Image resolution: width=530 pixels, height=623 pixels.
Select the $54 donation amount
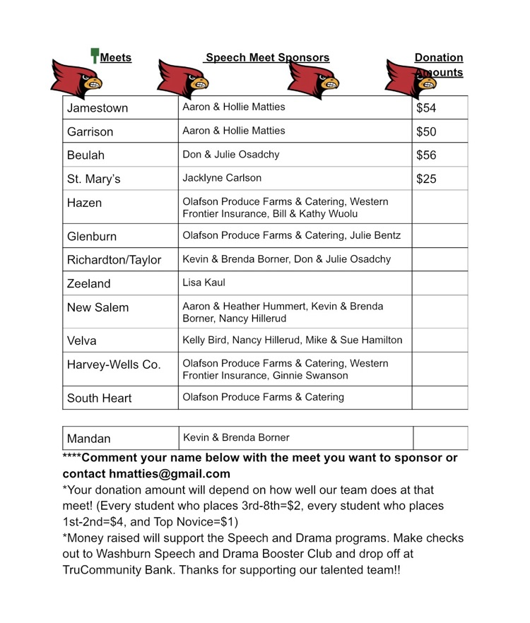pos(426,108)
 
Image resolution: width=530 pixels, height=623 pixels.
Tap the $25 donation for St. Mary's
pos(426,179)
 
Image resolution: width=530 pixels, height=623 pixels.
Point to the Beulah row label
pos(86,155)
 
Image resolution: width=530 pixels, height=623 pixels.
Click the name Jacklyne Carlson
pos(222,178)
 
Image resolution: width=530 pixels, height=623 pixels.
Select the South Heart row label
pos(99,398)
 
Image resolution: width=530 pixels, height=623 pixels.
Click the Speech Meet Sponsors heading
pos(267,58)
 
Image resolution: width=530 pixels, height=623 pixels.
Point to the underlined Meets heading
pos(116,58)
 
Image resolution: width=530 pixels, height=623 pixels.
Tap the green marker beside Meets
pos(94,56)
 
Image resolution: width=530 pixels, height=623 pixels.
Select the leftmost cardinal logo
pos(77,78)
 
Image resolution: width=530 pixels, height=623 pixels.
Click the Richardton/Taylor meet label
pos(114,260)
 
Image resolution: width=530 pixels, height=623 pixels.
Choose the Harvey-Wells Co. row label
pos(113,364)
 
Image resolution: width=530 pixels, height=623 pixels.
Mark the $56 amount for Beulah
pos(426,155)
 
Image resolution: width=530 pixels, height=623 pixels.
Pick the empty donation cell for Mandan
pos(440,438)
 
